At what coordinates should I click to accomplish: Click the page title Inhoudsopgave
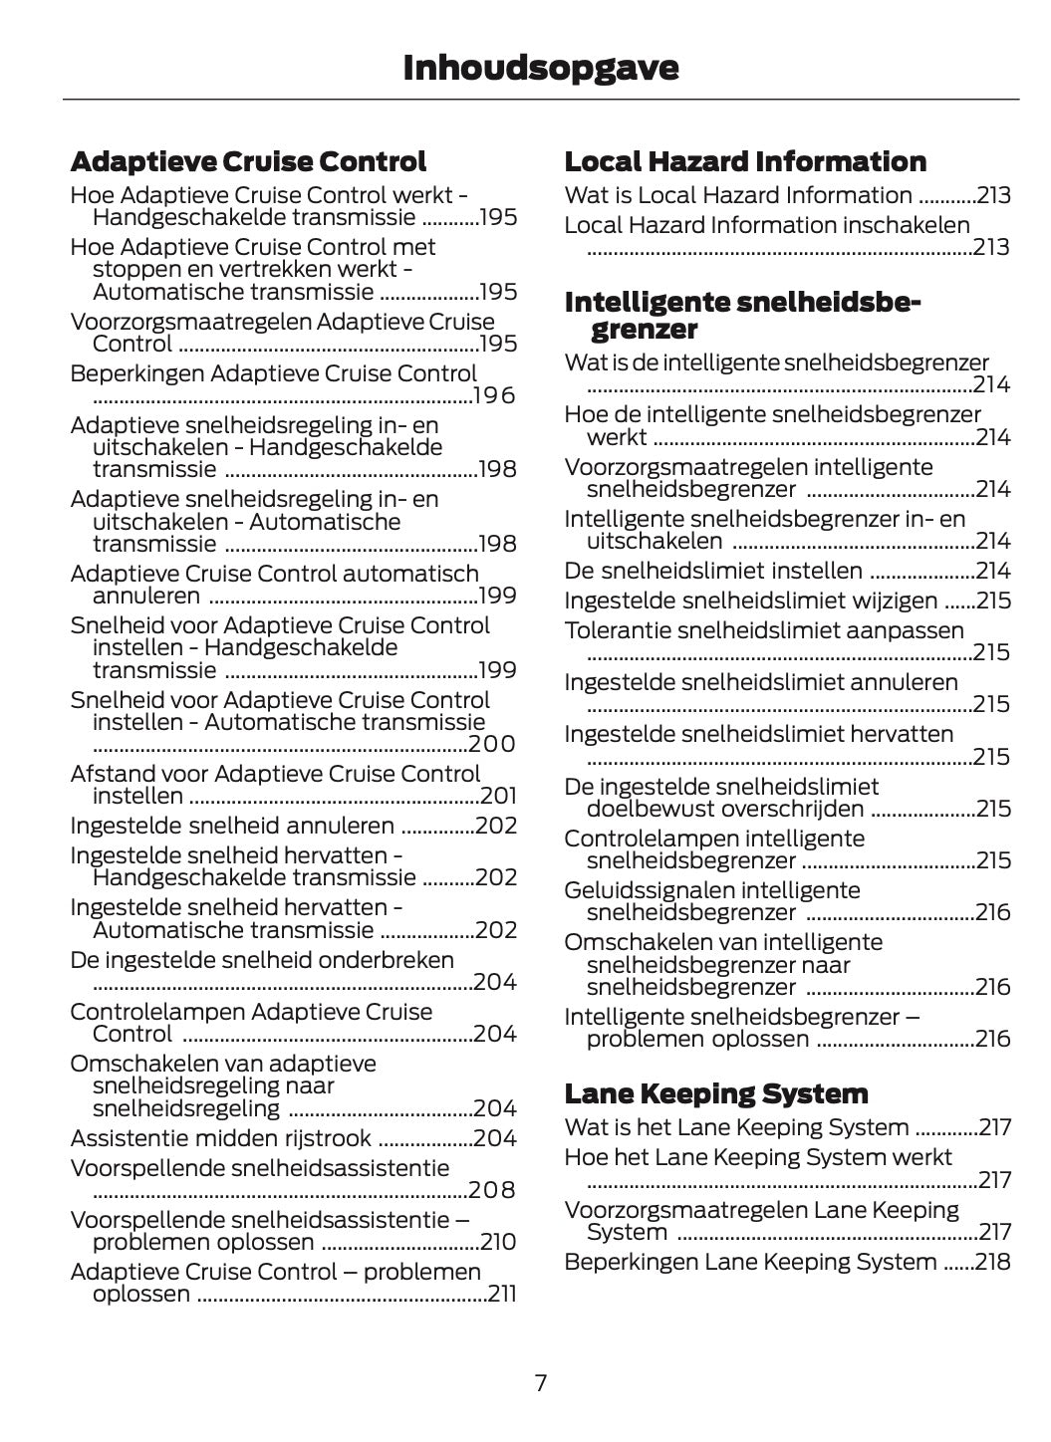(x=540, y=68)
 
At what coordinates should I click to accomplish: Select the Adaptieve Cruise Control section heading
(x=248, y=161)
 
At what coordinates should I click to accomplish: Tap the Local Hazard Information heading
(x=744, y=161)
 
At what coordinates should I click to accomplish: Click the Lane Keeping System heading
(x=715, y=1093)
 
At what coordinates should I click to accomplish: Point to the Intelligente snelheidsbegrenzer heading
(x=742, y=316)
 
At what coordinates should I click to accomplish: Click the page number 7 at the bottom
(x=540, y=1382)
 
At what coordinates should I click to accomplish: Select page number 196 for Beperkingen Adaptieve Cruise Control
(x=495, y=396)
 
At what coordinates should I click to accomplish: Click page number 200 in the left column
(x=492, y=744)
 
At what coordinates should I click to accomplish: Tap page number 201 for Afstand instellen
(x=498, y=796)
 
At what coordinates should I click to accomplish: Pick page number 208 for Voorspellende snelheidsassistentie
(x=492, y=1190)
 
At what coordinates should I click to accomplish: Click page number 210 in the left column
(x=498, y=1242)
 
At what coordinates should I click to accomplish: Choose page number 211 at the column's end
(x=502, y=1294)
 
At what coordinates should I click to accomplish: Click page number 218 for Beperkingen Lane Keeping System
(x=992, y=1262)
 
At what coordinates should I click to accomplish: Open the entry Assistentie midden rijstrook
(x=220, y=1138)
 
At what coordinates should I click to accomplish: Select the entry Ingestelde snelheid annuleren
(x=232, y=826)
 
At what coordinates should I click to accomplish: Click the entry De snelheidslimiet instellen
(x=713, y=571)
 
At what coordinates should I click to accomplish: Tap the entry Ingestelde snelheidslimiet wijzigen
(x=750, y=601)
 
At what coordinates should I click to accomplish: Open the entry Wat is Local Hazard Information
(x=738, y=195)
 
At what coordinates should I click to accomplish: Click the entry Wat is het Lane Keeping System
(x=736, y=1127)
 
